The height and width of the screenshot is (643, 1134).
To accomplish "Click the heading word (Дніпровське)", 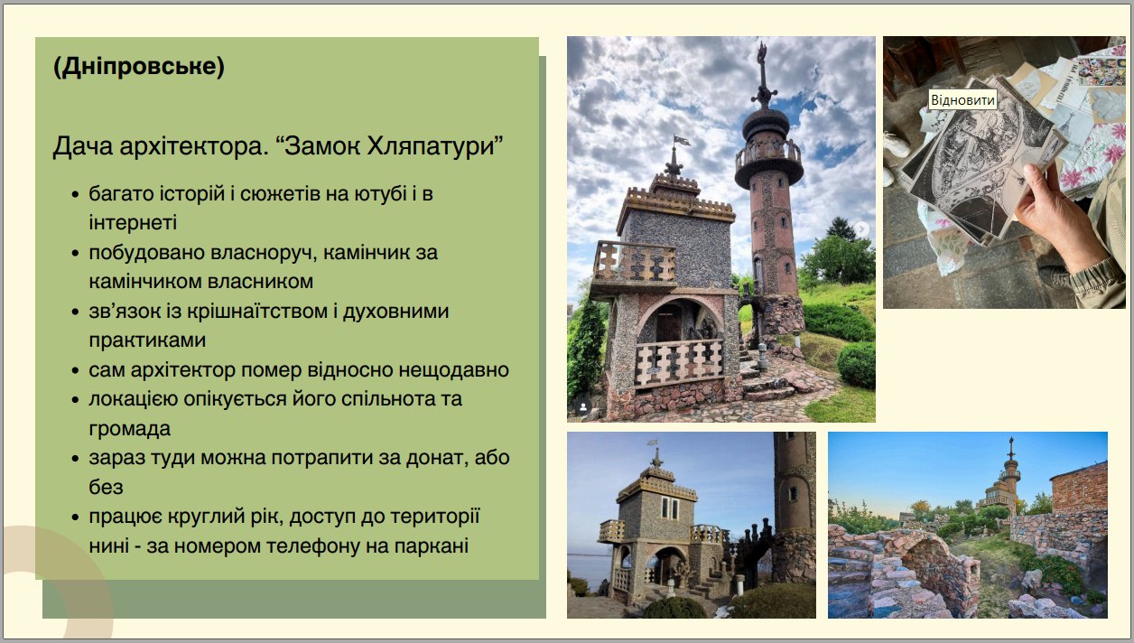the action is coord(139,66).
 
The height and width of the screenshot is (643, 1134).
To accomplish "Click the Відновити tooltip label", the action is coord(962,99).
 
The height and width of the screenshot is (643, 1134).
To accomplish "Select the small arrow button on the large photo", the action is coord(861,228).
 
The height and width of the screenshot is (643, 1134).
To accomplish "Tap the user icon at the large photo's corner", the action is coord(583,406).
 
